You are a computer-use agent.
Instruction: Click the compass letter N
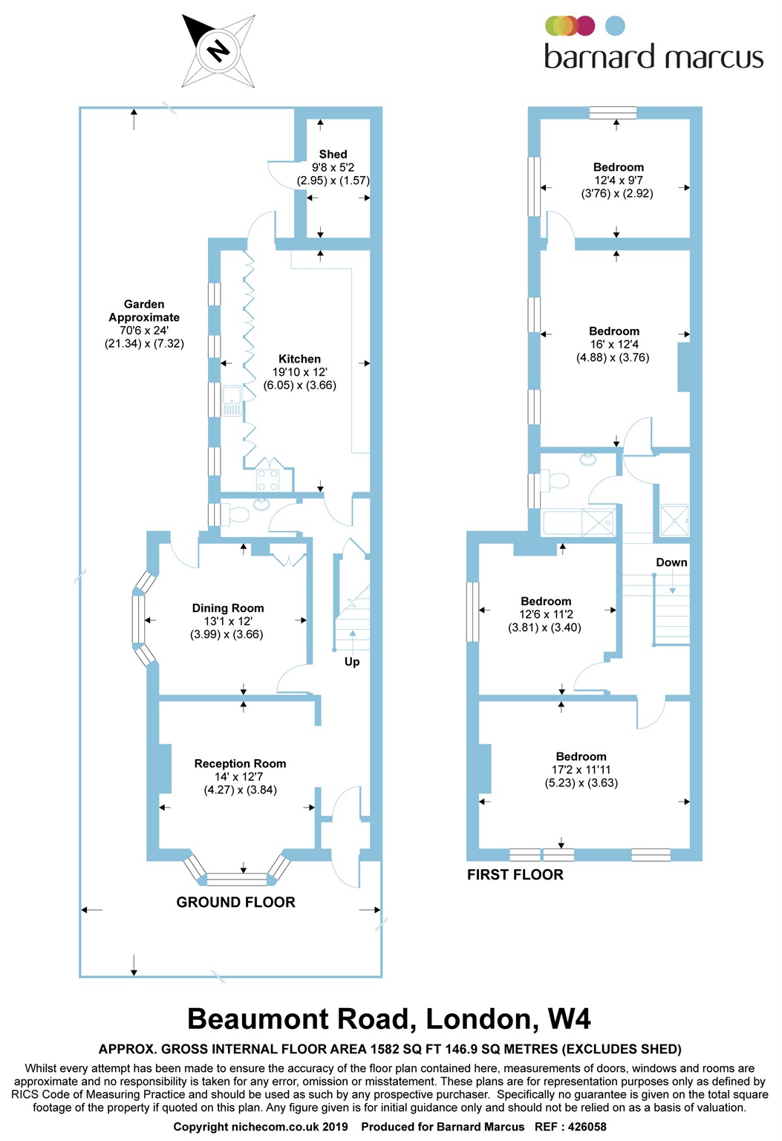[218, 51]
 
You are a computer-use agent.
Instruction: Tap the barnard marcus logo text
[654, 56]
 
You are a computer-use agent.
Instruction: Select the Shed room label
[333, 154]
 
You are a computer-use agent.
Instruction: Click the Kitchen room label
[299, 359]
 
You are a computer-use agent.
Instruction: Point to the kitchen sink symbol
[232, 401]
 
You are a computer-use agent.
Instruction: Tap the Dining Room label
[227, 608]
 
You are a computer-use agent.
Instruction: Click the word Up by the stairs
[352, 662]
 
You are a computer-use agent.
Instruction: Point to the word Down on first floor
[671, 562]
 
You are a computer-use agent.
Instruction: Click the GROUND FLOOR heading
[235, 902]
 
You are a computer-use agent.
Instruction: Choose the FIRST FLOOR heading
[515, 874]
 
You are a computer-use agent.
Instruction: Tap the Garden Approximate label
[144, 311]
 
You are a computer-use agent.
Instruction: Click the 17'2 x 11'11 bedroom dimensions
[581, 770]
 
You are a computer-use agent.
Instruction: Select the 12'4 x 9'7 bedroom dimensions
[619, 181]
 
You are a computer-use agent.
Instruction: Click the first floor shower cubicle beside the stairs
[674, 520]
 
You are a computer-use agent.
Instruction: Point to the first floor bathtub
[579, 521]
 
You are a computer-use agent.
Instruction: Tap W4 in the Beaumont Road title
[569, 1018]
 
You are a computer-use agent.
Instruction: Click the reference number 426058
[587, 1127]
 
